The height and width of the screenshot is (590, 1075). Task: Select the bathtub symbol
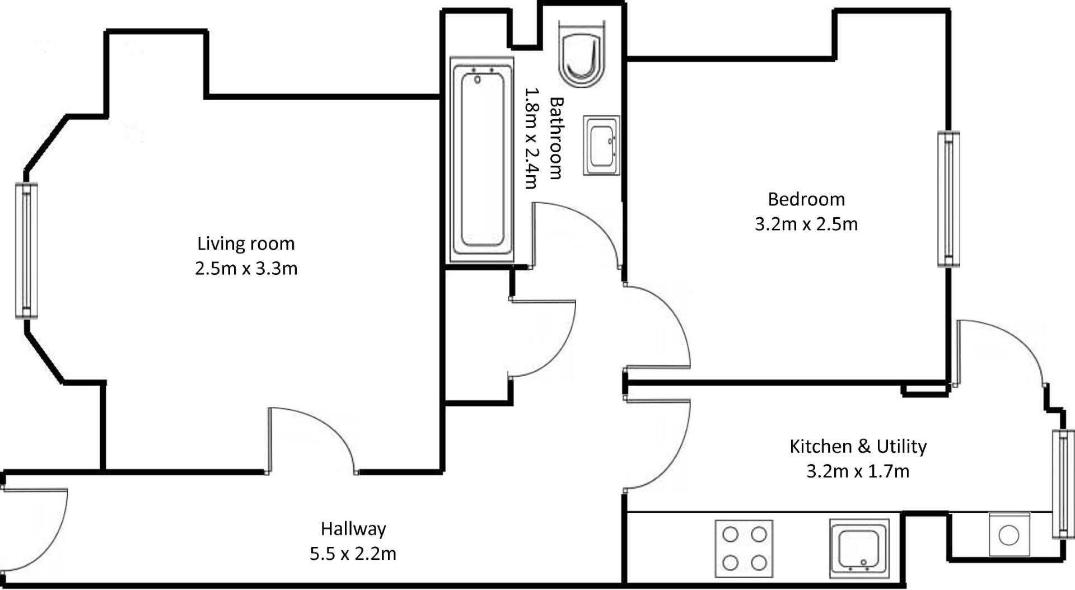pos(482,160)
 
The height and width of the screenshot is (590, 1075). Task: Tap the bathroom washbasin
pos(601,146)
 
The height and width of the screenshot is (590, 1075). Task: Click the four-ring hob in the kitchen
pos(744,549)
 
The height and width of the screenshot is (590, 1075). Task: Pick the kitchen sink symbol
pos(859,549)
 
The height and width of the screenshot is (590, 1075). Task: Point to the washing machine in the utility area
pos(1009,534)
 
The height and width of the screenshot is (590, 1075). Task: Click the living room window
pos(26,251)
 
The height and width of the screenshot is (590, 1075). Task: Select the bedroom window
pos(948,199)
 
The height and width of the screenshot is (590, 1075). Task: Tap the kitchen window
pos(1062,484)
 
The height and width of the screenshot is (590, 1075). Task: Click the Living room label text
pos(246,244)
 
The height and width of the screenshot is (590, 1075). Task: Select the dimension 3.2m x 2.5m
pos(806,224)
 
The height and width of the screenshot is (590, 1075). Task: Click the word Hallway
pos(353,528)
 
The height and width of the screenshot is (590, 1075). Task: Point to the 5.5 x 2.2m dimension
pos(353,554)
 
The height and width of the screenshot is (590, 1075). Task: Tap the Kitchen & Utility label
pos(858,446)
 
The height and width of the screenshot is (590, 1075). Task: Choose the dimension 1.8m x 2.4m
pos(531,138)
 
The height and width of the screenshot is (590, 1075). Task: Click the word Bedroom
pos(806,199)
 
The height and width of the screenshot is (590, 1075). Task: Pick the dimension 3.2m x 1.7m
pos(858,471)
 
